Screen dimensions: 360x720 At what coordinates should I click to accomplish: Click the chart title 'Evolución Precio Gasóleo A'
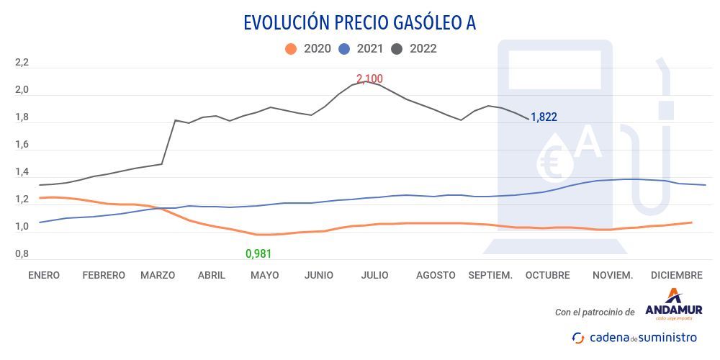pos(359,22)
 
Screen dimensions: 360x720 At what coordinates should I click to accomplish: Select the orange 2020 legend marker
pos(291,49)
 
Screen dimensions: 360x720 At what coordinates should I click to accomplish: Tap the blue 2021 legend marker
pos(344,49)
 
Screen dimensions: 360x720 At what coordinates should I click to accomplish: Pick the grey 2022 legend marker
pos(397,49)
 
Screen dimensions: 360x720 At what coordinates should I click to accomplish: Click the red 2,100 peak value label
pos(369,78)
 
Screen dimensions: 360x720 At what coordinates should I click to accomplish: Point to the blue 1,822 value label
pos(544,117)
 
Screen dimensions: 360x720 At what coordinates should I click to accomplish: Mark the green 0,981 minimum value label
pos(258,253)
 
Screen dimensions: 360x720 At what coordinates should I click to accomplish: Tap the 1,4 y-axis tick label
pos(22,173)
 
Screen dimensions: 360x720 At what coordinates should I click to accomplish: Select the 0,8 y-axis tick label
pos(22,254)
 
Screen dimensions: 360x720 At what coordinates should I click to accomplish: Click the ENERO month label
pos(44,275)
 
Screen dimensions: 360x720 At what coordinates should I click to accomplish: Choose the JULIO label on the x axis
pos(374,275)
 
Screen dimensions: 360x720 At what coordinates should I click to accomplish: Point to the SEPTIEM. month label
pos(490,275)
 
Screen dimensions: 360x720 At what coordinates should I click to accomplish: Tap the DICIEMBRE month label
pos(676,275)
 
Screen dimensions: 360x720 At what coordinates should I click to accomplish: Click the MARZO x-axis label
pos(158,275)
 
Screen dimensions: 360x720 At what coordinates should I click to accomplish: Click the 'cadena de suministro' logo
pos(634,337)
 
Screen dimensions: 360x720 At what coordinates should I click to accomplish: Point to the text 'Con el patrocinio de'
pos(595,312)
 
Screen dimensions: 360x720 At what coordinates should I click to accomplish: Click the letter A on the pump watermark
pos(588,143)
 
